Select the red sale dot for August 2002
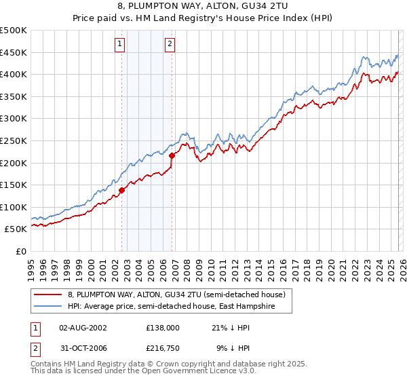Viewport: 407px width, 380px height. click(122, 191)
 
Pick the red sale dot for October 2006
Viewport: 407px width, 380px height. click(172, 155)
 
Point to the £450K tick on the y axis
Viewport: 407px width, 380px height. click(14, 52)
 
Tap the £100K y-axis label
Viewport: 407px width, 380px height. click(14, 207)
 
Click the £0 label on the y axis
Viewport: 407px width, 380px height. click(20, 251)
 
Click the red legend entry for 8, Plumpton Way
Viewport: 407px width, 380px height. click(179, 294)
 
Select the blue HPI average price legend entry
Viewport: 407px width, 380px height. click(179, 307)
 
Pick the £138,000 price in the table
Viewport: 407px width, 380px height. click(163, 327)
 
